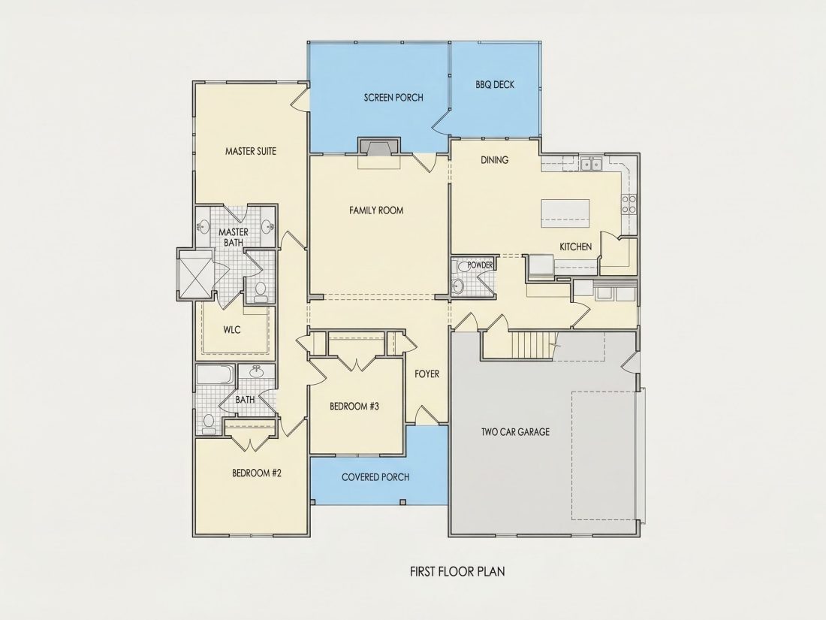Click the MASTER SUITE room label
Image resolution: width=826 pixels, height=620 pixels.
tap(251, 151)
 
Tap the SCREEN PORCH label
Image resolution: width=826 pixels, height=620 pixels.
tap(393, 98)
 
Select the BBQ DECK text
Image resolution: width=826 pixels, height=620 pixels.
tap(495, 84)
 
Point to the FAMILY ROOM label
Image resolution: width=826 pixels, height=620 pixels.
tap(376, 210)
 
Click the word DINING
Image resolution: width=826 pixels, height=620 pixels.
tap(495, 160)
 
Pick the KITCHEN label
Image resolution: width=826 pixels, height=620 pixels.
tap(575, 246)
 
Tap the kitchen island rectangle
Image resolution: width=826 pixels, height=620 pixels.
tap(565, 213)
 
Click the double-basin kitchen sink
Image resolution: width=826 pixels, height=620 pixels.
tap(592, 165)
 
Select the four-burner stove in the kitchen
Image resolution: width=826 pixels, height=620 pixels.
tap(629, 204)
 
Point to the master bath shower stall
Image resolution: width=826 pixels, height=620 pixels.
tap(195, 274)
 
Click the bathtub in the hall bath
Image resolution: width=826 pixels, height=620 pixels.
tap(215, 375)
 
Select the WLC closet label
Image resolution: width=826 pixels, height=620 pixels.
tap(232, 330)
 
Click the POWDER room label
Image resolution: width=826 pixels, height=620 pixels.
tap(480, 265)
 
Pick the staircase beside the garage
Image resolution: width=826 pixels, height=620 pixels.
tap(533, 345)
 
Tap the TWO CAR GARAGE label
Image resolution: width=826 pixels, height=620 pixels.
tap(515, 432)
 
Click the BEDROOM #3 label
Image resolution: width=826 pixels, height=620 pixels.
tap(354, 407)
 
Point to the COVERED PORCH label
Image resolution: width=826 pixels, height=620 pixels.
tap(375, 477)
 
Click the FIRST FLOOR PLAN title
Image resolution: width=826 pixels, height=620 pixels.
tap(457, 571)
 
